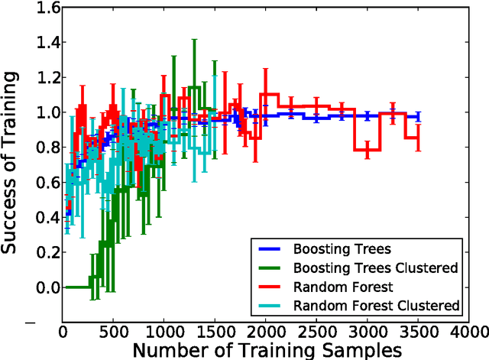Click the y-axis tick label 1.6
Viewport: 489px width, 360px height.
point(44,8)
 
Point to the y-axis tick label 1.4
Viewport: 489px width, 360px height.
point(44,43)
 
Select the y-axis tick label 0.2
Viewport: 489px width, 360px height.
point(44,252)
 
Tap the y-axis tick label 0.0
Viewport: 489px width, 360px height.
point(44,287)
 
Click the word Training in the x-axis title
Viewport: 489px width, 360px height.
point(242,350)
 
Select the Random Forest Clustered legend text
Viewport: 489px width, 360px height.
point(377,305)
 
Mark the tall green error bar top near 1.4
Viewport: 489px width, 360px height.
point(195,40)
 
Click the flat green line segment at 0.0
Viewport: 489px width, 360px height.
point(76,287)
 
